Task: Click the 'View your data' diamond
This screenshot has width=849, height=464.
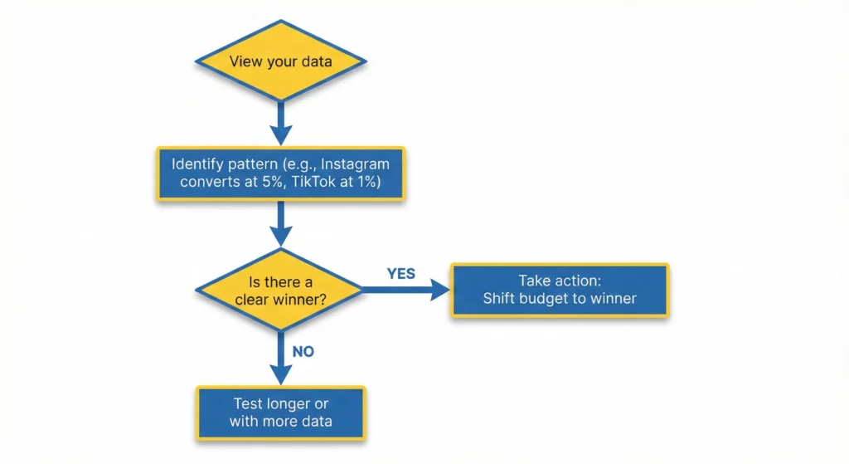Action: click(280, 61)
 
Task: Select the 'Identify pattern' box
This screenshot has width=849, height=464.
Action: click(280, 173)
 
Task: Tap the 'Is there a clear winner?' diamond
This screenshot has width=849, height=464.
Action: click(279, 290)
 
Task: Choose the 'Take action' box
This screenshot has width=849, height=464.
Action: click(560, 290)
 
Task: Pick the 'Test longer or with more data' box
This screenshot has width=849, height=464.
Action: click(280, 413)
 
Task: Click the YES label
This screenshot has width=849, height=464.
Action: click(401, 273)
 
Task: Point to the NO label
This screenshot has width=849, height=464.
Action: click(303, 351)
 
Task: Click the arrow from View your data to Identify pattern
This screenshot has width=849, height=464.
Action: click(280, 124)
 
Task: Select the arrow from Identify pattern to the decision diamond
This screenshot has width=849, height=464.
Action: click(280, 224)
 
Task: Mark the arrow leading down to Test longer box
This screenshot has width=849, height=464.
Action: click(280, 357)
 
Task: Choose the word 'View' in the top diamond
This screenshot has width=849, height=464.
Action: click(244, 61)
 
